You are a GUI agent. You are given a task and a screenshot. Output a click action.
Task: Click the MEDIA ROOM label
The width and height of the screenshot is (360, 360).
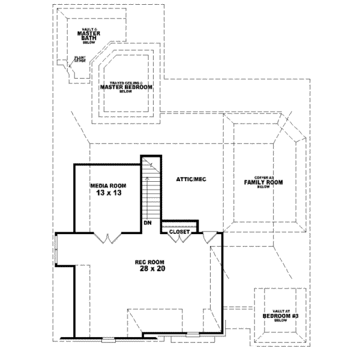(106, 186)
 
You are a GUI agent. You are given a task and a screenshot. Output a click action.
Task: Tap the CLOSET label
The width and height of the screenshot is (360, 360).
(180, 231)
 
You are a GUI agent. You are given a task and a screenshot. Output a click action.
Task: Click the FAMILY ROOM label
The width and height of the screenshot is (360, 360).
(263, 182)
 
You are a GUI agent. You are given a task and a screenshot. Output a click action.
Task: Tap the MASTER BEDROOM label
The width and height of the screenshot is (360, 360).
(125, 88)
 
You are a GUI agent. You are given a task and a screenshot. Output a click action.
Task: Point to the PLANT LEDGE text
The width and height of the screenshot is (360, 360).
(80, 60)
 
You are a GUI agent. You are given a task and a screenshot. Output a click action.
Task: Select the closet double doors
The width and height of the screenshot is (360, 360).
(180, 238)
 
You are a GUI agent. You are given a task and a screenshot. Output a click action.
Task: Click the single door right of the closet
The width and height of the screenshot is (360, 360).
(209, 238)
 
